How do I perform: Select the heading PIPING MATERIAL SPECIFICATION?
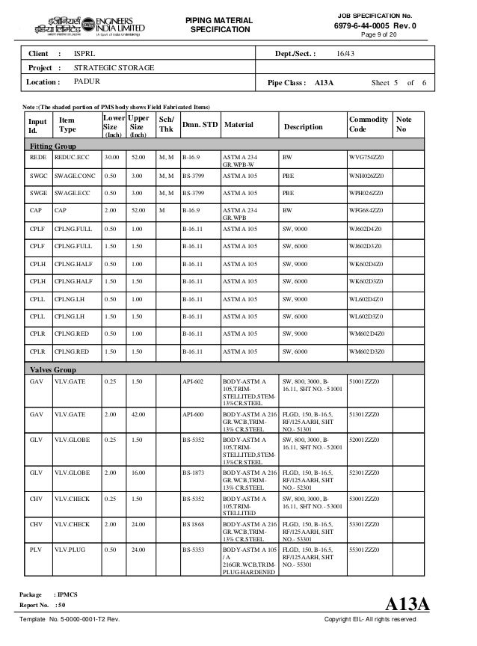222,23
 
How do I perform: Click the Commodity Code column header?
368,124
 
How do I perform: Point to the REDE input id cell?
37,159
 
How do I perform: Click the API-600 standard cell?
193,412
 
